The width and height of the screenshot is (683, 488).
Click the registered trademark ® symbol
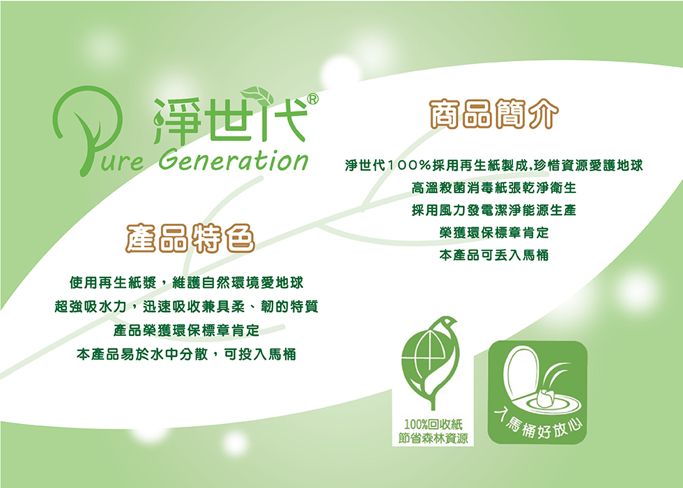(x=313, y=99)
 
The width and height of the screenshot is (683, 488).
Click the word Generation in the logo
(x=233, y=160)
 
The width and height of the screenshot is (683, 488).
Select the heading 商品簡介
(x=494, y=114)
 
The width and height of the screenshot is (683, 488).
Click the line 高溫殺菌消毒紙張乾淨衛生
(x=494, y=188)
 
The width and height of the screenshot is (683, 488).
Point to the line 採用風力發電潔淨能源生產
(x=494, y=210)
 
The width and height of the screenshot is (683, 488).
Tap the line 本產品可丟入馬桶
(x=494, y=255)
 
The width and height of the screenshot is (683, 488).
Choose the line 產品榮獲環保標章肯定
(x=187, y=330)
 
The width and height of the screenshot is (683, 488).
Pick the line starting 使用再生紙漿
(x=187, y=283)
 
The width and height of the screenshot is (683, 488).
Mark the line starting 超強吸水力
(x=187, y=307)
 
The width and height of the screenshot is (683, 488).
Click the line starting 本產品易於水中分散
(x=187, y=354)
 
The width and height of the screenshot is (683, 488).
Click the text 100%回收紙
(x=433, y=425)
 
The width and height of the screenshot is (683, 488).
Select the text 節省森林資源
(x=433, y=438)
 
